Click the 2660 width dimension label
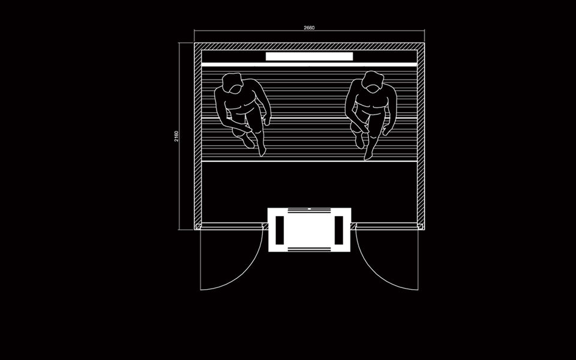pyautogui.click(x=309, y=28)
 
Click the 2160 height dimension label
pyautogui.click(x=176, y=136)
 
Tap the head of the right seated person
pyautogui.click(x=373, y=82)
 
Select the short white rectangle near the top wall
pyautogui.click(x=310, y=56)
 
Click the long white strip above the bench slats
pyautogui.click(x=310, y=65)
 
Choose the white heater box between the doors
pyautogui.click(x=310, y=230)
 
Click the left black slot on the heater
pyautogui.click(x=280, y=230)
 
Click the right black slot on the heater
pyautogui.click(x=338, y=230)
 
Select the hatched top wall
pyautogui.click(x=310, y=46)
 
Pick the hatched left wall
pyautogui.click(x=197, y=136)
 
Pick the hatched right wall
pyautogui.click(x=421, y=136)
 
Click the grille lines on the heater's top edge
pyautogui.click(x=310, y=210)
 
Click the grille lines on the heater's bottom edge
pyautogui.click(x=310, y=250)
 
